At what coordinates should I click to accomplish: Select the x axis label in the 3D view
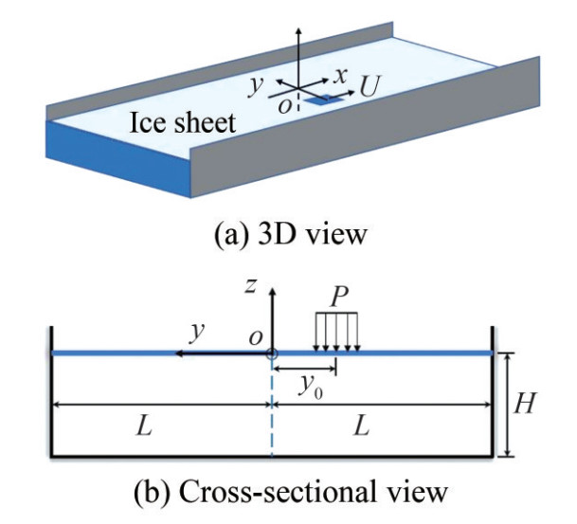[x=343, y=73]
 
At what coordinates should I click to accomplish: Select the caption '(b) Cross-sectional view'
[x=287, y=494]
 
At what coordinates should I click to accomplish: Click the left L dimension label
[x=142, y=426]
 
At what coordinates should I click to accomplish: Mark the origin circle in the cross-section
[x=272, y=354]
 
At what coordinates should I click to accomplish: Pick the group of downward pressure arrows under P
[x=336, y=334]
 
